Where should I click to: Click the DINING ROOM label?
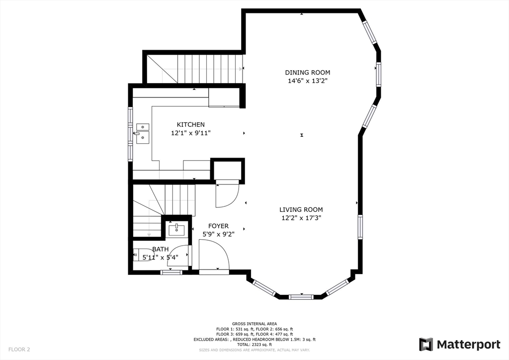[307, 72]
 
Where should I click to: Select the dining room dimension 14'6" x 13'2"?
[307, 81]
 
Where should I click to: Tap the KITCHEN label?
[191, 124]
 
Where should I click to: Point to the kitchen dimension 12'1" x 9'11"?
[191, 133]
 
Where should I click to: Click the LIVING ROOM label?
[301, 209]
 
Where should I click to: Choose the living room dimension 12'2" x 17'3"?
[301, 218]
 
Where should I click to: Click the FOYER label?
[218, 226]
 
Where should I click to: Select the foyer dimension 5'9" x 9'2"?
[218, 234]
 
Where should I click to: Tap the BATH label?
[160, 249]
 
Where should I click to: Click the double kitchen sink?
[143, 133]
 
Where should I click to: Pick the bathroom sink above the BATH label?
[176, 230]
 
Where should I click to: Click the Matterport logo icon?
[426, 344]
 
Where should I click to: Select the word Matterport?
[468, 344]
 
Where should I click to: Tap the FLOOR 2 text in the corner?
[19, 350]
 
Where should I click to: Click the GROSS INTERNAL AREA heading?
[254, 323]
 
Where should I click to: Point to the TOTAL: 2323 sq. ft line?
[254, 345]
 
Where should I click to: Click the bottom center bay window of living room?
[301, 297]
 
